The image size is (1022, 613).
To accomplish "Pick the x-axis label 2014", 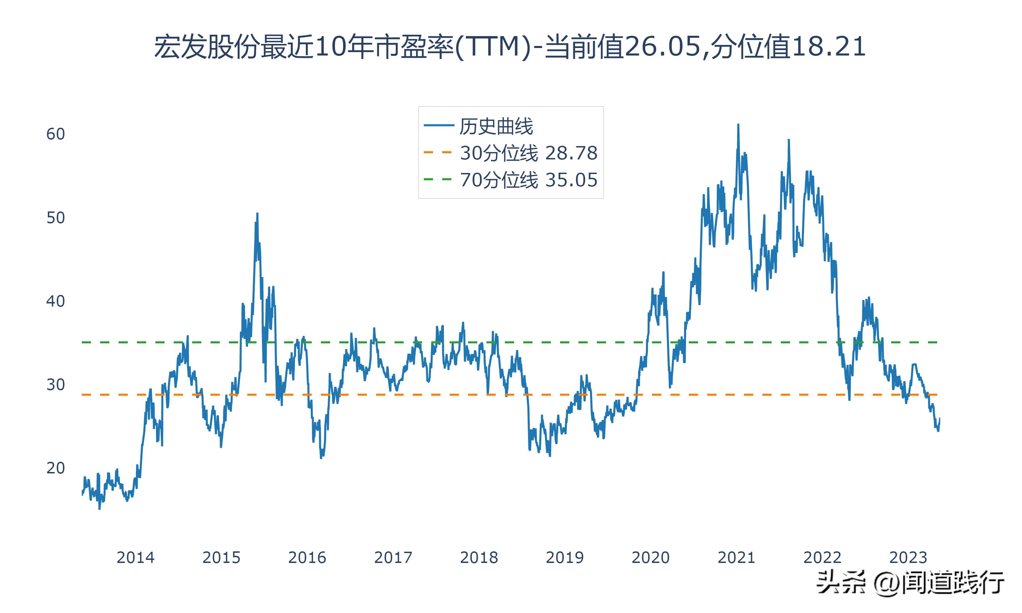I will (x=135, y=557).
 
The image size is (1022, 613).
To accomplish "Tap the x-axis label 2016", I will (x=307, y=557).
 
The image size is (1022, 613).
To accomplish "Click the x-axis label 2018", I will (x=479, y=557).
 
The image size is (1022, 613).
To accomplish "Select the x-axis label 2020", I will (x=650, y=557).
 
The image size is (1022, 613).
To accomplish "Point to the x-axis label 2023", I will (x=908, y=557).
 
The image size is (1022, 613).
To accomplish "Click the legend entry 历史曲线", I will (x=496, y=126).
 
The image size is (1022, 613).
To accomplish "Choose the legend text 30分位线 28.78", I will (x=529, y=153).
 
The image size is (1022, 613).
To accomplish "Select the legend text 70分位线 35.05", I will (x=529, y=180).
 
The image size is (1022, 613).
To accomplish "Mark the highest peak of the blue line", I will (x=738, y=125).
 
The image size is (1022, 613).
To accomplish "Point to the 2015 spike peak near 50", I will (x=257, y=214).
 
